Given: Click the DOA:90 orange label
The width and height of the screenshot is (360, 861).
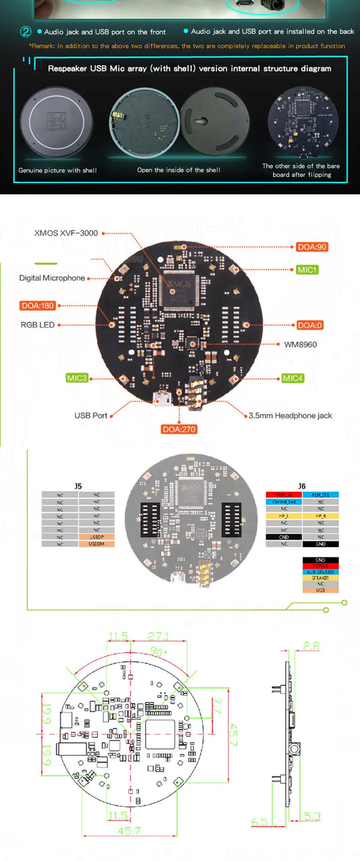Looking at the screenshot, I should [x=312, y=247].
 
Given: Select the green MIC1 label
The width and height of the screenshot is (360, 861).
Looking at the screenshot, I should [x=308, y=269].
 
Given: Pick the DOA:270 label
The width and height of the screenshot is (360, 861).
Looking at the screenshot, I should [x=179, y=429].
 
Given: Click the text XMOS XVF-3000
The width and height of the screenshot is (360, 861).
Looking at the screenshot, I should [x=66, y=233].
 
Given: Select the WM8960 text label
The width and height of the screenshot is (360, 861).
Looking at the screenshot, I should [x=301, y=344].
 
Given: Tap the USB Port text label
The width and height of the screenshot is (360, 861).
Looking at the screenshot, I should [x=91, y=415].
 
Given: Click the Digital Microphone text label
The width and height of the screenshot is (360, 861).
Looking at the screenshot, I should [x=53, y=278].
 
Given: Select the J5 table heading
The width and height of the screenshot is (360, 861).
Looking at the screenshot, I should [x=78, y=485].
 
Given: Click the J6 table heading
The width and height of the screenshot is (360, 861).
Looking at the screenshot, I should [x=301, y=485].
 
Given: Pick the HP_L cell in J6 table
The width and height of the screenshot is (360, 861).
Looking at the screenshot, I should [x=283, y=515].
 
